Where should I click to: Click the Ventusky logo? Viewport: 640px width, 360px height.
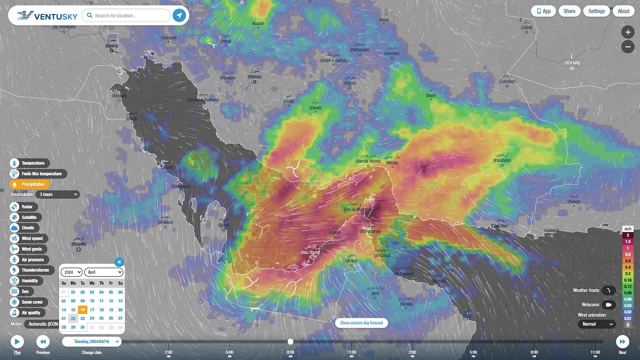47,16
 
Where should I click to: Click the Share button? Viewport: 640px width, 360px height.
569,11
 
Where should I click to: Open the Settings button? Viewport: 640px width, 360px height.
596,11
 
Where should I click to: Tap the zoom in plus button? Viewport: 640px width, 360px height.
628,32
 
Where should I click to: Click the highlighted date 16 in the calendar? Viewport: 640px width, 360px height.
83,309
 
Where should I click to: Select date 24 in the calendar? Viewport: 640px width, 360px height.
92,318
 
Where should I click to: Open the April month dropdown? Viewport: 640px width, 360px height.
104,272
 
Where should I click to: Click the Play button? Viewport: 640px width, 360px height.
17,342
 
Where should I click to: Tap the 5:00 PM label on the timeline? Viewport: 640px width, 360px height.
473,352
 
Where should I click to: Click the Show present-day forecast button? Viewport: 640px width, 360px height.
361,323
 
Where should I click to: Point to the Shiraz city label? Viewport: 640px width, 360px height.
255,77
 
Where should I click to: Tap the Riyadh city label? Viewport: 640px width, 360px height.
79,244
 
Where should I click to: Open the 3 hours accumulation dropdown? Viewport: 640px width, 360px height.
58,194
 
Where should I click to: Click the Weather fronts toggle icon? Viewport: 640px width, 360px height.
608,291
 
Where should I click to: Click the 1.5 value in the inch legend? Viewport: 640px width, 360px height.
628,242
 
